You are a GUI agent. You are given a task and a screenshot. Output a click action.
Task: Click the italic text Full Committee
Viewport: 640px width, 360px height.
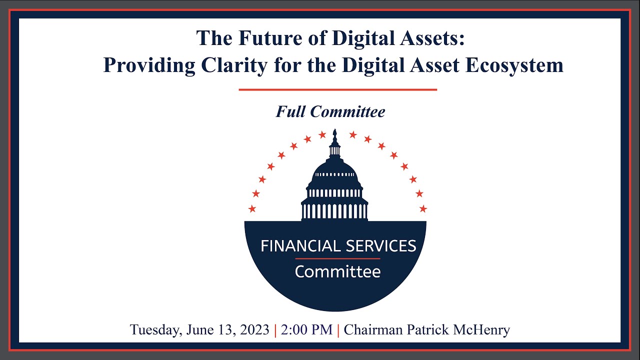[x=330, y=111]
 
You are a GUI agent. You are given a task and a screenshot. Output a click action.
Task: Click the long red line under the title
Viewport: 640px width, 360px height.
[x=337, y=90]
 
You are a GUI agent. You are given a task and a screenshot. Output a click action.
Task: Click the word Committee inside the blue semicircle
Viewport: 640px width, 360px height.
[x=337, y=272]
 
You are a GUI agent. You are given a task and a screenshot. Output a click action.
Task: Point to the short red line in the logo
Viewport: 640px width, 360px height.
[x=337, y=258]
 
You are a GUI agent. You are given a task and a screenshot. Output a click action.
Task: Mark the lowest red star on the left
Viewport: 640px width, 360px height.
[x=252, y=208]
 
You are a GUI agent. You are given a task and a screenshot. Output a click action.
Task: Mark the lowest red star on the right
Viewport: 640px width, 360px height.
[x=423, y=208]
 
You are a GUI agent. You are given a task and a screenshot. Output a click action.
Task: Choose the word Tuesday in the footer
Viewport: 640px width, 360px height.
[x=155, y=330]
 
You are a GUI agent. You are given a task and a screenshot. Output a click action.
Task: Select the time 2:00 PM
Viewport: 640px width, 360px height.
[x=306, y=330]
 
